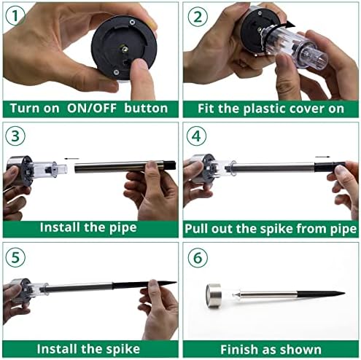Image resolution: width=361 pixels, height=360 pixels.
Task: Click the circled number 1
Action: click(15, 16)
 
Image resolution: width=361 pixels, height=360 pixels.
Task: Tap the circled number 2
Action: click(198, 17)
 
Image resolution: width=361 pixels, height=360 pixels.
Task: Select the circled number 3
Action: click(15, 136)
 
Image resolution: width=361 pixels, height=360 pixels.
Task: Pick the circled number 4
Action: click(196, 136)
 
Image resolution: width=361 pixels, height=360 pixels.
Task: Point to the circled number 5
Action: click(15, 257)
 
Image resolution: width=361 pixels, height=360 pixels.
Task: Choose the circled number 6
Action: click(198, 258)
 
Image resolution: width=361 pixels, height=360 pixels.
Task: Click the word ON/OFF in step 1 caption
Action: click(92, 109)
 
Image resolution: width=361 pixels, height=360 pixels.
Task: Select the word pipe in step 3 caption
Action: click(123, 228)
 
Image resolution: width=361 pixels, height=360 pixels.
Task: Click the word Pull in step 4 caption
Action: click(197, 229)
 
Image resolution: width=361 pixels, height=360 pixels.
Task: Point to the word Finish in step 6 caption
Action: click(236, 350)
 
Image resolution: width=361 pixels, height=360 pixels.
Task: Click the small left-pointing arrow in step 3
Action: click(71, 159)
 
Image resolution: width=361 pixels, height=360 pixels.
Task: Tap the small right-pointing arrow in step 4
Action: click(323, 157)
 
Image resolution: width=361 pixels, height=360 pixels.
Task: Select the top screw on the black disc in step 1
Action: click(132, 22)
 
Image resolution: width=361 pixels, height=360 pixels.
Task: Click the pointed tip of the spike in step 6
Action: click(345, 293)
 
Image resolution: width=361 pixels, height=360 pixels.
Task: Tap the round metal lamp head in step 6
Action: click(214, 296)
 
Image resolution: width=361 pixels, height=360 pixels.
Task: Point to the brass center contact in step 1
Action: click(125, 49)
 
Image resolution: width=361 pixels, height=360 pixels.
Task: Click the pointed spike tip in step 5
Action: click(176, 283)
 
